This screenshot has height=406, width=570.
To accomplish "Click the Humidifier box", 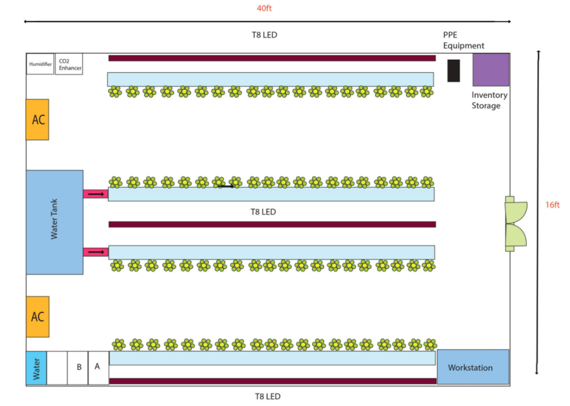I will point(40,64).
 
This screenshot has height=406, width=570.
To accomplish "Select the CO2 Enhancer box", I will point(70,64).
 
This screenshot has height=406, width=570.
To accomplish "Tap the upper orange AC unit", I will point(37,119).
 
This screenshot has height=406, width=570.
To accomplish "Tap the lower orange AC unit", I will point(37,316).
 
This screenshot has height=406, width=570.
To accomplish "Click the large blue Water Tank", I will point(55,222).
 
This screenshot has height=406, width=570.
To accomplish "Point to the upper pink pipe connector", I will point(96,194).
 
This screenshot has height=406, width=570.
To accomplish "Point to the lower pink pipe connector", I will point(96,252).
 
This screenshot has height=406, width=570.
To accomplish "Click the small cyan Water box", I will point(36,368).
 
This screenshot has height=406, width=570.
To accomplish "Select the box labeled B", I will point(78,368).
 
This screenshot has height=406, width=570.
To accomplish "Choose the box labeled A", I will point(98,368).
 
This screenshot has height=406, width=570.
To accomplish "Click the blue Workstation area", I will point(473,367).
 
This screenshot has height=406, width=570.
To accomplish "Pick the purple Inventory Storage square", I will point(491,70).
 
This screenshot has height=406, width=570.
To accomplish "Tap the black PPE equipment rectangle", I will point(454,70).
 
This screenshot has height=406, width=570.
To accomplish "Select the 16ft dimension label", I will point(552,205).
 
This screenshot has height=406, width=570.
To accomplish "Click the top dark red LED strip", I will point(272,58).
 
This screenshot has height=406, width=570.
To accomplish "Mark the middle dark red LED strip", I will point(272,224).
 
